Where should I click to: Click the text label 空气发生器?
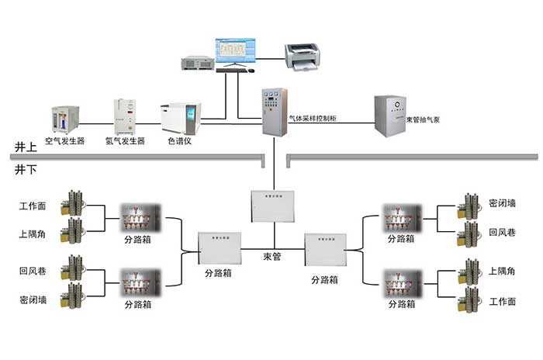point(64,142)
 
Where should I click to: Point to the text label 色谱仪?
point(179,142)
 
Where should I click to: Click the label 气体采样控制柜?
point(313,119)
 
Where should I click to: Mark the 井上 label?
point(26,147)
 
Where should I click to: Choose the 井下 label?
point(26,168)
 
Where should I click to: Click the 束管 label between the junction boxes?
point(272,255)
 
